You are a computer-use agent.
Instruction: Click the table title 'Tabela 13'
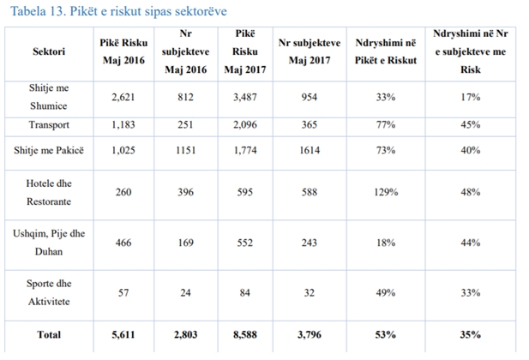tap(38, 11)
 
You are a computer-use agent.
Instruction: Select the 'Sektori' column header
tap(49, 51)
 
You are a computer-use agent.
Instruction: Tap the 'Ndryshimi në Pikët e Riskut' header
tap(386, 51)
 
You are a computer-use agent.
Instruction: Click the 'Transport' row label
tap(49, 125)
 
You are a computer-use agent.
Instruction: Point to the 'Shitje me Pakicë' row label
tap(49, 150)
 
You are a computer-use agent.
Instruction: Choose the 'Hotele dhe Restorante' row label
tap(49, 192)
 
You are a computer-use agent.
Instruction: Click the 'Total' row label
tap(49, 334)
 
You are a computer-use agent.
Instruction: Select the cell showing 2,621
tap(123, 97)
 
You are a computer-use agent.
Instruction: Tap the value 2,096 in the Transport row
tap(245, 125)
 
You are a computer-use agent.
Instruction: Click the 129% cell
tap(386, 192)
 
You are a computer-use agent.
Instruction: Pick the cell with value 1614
tap(310, 150)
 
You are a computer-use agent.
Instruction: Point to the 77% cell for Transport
tap(386, 125)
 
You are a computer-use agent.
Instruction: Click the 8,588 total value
tap(245, 334)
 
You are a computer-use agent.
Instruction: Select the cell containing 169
tap(186, 243)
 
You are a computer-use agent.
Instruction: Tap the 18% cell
tap(386, 243)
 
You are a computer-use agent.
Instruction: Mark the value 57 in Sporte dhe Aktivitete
tap(123, 292)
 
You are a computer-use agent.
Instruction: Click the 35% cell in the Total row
tap(471, 334)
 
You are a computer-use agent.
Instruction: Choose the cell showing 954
tap(310, 97)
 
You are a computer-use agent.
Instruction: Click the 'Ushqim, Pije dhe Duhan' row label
tap(49, 243)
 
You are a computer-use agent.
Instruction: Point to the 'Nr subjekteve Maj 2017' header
tap(310, 51)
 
